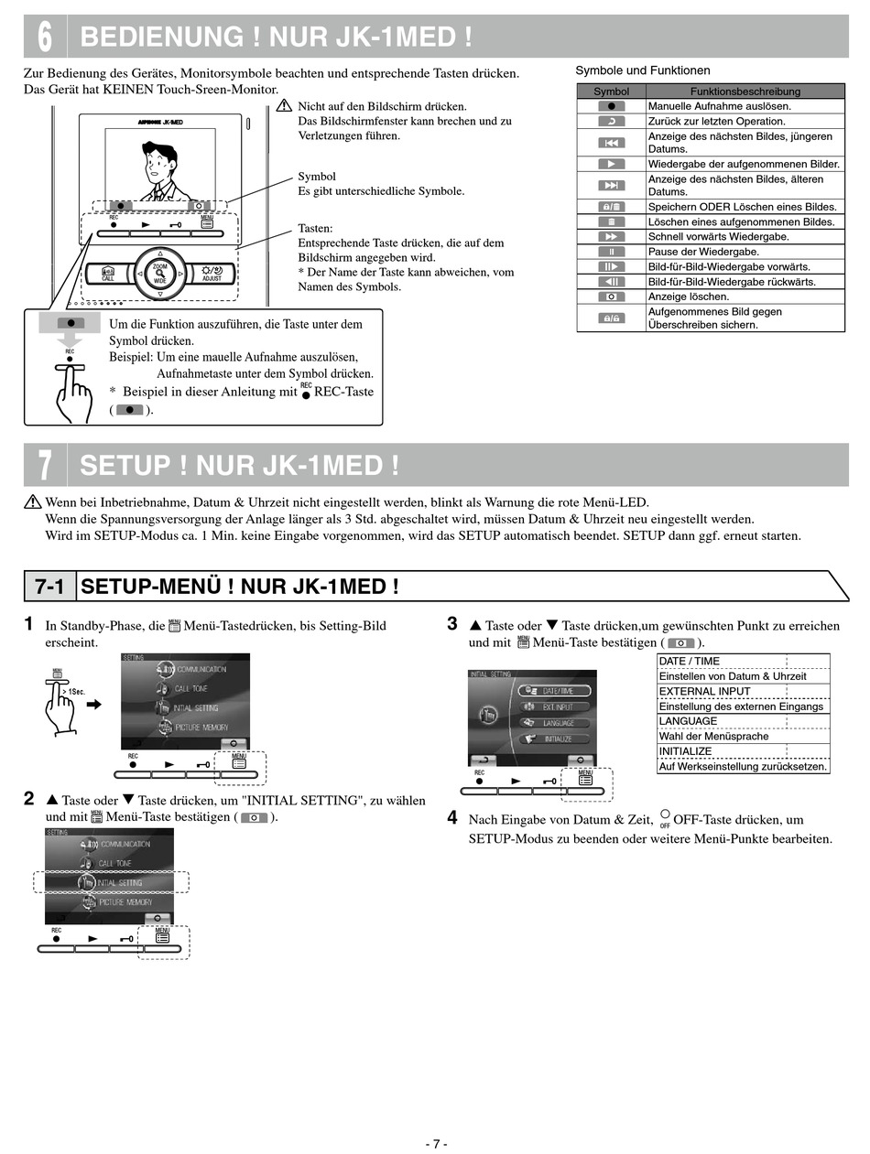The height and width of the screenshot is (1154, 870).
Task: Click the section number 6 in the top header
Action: [x=45, y=37]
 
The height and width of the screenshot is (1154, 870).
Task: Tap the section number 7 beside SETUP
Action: [x=45, y=465]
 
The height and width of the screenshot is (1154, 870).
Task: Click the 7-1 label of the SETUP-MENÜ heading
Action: [x=49, y=587]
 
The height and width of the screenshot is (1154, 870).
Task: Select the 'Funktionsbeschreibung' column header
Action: [x=745, y=92]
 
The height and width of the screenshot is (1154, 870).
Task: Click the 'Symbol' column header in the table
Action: [x=611, y=92]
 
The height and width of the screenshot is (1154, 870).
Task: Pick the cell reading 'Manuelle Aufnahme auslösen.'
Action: [x=719, y=106]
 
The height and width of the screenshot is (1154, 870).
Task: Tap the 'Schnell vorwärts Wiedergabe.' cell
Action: [x=718, y=237]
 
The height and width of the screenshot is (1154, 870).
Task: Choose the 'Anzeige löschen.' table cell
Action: [x=689, y=297]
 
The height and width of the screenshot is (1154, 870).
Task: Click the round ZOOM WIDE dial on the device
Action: [x=160, y=272]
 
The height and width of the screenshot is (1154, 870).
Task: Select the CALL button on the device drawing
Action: [x=108, y=273]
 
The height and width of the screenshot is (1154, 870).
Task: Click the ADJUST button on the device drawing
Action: [x=212, y=273]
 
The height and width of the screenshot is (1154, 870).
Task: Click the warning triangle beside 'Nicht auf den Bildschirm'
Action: [x=284, y=106]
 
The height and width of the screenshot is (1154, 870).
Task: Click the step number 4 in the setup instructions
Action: [x=452, y=817]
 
